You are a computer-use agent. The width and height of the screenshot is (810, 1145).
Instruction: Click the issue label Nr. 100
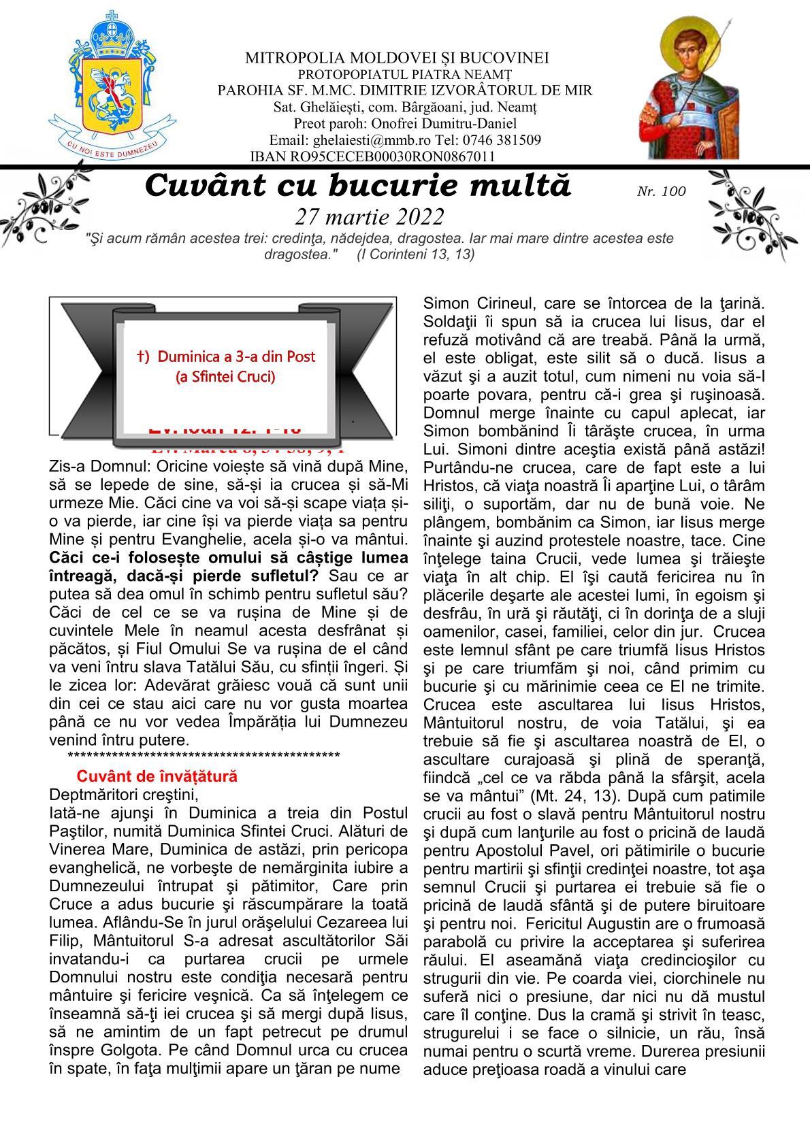click(661, 192)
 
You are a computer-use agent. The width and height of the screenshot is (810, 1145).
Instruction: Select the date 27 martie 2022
click(370, 217)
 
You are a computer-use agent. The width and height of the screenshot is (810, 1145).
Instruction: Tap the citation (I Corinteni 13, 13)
click(416, 254)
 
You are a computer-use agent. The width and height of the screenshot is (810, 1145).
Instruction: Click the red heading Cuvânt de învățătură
click(157, 776)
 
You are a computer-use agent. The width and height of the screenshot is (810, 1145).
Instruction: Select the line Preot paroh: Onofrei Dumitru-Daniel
click(405, 124)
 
